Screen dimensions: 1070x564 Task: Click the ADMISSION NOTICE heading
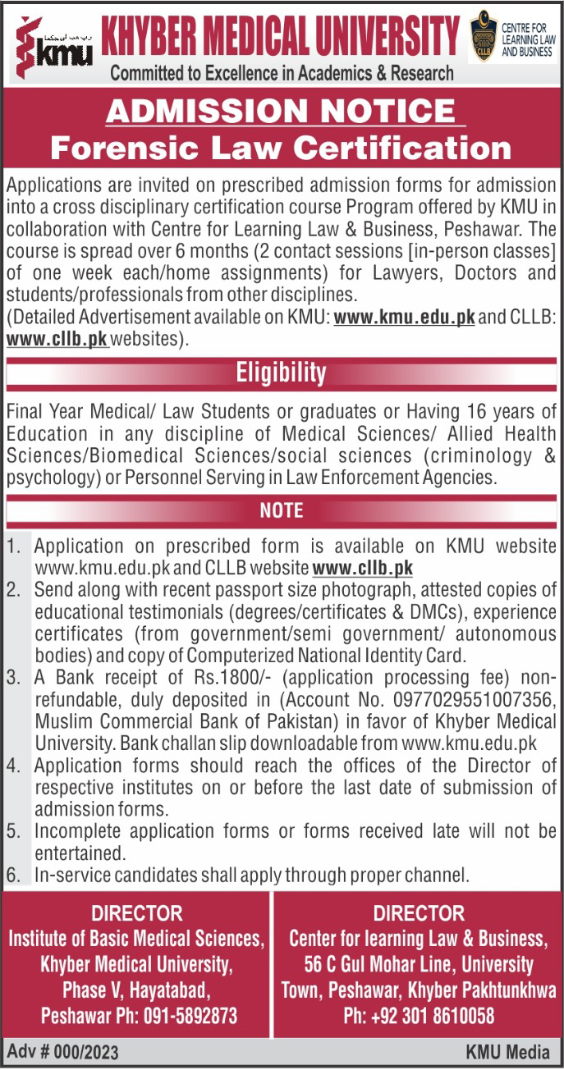(281, 111)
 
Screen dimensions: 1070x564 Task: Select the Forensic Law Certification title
(281, 149)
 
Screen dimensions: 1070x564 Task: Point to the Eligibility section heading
(281, 374)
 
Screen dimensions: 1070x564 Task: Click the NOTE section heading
(281, 510)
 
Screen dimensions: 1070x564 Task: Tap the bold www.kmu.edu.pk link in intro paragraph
(404, 317)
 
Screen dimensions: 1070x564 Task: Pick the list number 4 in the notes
(13, 766)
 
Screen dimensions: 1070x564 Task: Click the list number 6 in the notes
(13, 875)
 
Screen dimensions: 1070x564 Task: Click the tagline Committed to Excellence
(281, 73)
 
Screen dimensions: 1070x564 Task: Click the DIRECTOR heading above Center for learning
(418, 912)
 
